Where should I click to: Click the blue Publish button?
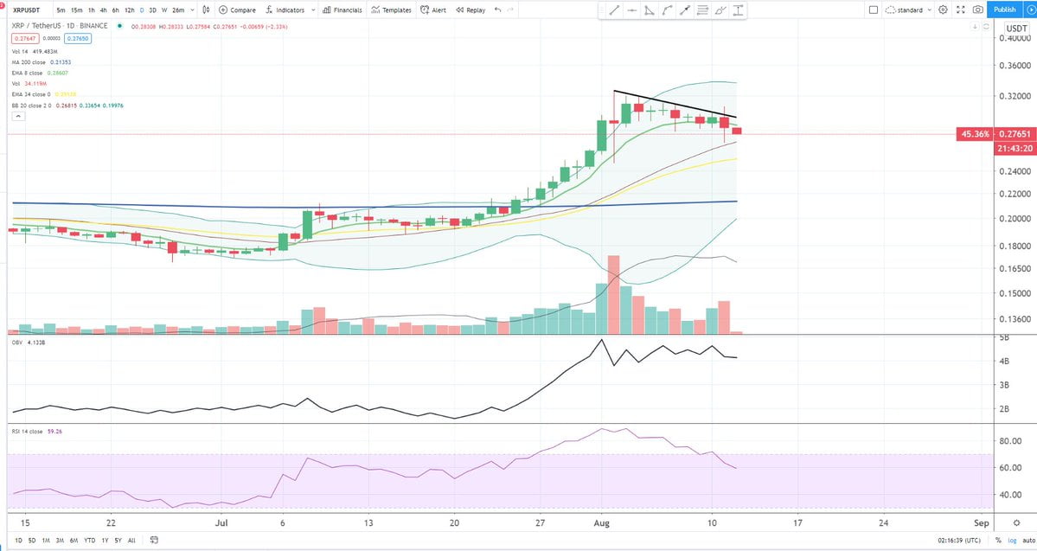[x=1004, y=10]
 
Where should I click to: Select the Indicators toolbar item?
[x=285, y=10]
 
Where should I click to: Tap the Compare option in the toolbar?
[x=237, y=10]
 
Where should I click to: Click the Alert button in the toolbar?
[x=433, y=10]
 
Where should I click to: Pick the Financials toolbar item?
[x=342, y=10]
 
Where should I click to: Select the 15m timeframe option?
[x=76, y=10]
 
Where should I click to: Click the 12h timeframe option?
[x=129, y=10]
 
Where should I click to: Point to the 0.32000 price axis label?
[x=1012, y=97]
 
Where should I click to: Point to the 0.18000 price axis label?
[x=1012, y=247]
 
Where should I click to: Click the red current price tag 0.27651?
[x=1012, y=135]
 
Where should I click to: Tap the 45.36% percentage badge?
[x=974, y=135]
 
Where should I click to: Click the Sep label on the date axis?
[x=981, y=523]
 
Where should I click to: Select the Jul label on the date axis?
[x=222, y=523]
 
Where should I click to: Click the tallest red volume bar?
[x=614, y=294]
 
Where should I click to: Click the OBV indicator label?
[x=16, y=343]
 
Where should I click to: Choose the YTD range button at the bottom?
[x=89, y=540]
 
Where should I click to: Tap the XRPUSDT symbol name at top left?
[x=27, y=10]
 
